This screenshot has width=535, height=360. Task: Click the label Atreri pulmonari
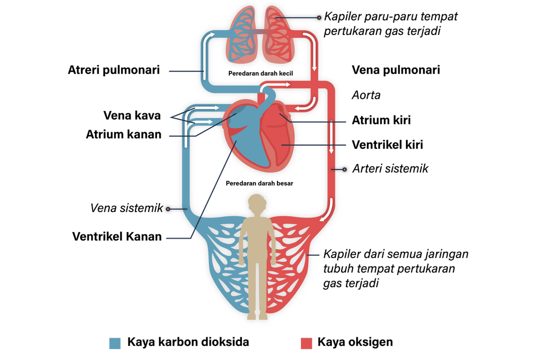click(113, 70)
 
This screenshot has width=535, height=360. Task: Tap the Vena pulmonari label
click(396, 70)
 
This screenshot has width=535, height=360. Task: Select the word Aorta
click(366, 95)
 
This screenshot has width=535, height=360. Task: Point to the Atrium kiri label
click(381, 120)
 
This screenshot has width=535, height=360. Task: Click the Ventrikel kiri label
click(387, 145)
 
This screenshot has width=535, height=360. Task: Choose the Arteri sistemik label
click(390, 168)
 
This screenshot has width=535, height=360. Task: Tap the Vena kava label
click(132, 115)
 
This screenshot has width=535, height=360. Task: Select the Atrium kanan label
click(124, 134)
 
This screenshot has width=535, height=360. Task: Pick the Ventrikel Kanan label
click(117, 236)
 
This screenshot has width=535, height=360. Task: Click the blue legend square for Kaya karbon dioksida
click(115, 343)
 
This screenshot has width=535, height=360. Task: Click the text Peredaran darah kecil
click(261, 74)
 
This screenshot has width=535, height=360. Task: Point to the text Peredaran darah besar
click(259, 183)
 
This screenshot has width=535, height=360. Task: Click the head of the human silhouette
click(257, 203)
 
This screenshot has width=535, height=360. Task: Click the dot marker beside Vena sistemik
click(168, 208)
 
